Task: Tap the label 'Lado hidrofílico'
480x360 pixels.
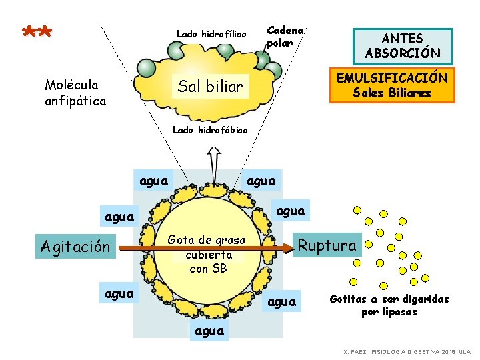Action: point(211,34)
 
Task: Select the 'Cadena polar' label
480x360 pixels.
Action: point(285,36)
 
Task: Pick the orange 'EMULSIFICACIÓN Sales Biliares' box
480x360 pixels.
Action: point(392,85)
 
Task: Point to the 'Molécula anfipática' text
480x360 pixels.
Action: point(75,93)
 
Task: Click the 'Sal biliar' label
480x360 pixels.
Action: point(211,86)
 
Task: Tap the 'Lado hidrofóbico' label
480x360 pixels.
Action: point(209,130)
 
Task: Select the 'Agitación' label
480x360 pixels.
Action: point(75,246)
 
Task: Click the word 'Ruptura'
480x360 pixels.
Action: point(327,245)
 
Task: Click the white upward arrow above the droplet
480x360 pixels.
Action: point(214,160)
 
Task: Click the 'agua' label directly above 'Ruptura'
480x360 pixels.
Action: point(290,211)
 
